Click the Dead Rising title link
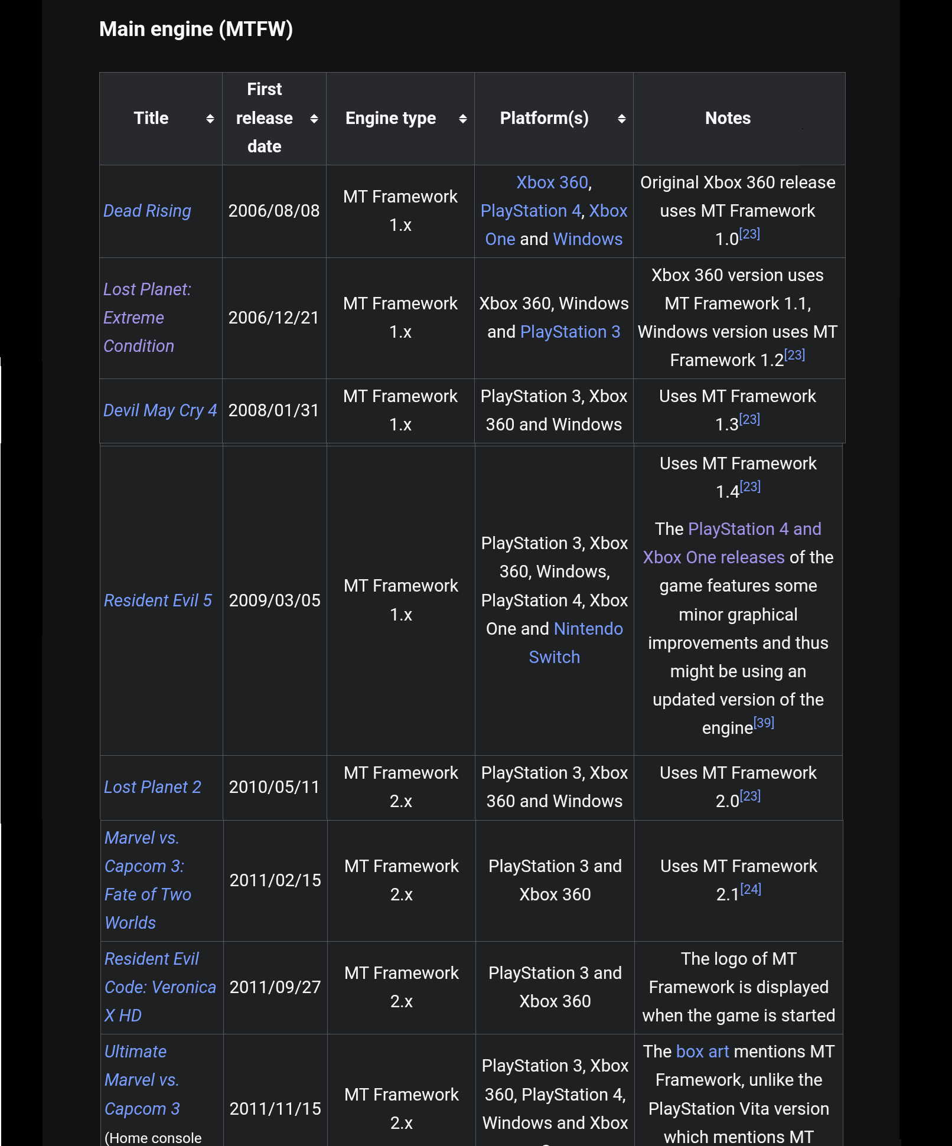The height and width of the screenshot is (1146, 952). [147, 211]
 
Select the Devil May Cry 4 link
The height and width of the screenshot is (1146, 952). [160, 410]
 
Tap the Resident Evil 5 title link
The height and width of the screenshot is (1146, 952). [158, 600]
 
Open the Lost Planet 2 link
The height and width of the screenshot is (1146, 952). [152, 787]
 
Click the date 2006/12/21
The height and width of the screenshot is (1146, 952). [273, 318]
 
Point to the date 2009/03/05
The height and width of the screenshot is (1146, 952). [275, 600]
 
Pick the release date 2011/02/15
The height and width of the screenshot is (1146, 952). [275, 880]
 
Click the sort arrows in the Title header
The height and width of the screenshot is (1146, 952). [210, 119]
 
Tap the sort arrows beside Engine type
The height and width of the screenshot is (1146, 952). [462, 119]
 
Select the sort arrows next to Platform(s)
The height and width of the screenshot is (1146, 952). [621, 119]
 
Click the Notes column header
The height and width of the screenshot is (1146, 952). [728, 118]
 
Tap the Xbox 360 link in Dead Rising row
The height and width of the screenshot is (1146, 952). [552, 182]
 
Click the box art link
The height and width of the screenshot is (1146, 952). [702, 1052]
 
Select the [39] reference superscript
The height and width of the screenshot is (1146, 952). [764, 723]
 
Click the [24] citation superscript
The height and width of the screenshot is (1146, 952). [751, 889]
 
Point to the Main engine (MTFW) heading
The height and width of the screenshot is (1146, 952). [196, 29]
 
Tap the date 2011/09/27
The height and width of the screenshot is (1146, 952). [275, 987]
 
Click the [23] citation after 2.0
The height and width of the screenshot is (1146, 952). [750, 796]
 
